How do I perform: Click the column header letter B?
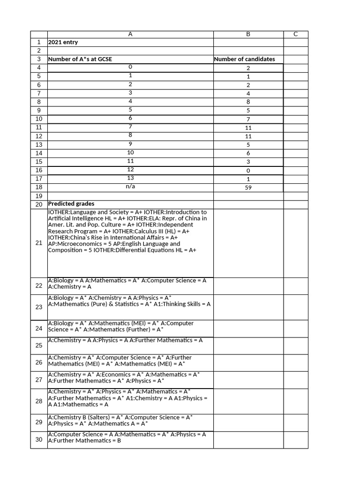pos(248,34)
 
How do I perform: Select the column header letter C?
pos(295,34)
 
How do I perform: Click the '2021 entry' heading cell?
pos(63,42)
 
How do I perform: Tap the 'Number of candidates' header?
pos(244,59)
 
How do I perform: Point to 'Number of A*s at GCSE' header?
pos(80,59)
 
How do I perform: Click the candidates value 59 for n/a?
pos(248,187)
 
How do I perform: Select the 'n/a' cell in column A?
pos(130,187)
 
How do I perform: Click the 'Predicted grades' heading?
pos(71,204)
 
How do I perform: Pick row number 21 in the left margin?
pos(39,243)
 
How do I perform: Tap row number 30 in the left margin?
pos(39,440)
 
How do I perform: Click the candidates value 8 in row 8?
pos(248,102)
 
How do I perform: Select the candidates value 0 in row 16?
pos(248,170)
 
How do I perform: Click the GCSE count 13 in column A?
pos(130,178)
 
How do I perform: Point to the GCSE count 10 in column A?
pos(130,152)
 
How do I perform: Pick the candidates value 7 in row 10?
pos(248,119)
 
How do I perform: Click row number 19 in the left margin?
pos(39,196)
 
